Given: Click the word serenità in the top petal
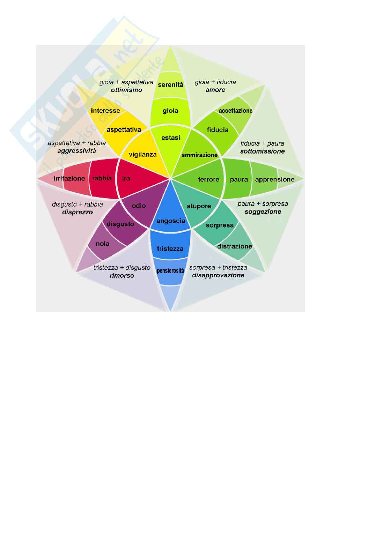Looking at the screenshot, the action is pos(170,85).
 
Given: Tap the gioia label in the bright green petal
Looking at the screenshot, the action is pos(170,111).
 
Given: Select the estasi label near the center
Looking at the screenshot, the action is pos(171,137).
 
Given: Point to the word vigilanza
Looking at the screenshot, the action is pos(143,154).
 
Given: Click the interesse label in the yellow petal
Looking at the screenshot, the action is pos(105,111).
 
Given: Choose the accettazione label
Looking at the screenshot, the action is pos(236,111).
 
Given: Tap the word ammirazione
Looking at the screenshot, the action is pos(199,155).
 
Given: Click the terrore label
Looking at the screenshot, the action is pos(209,179).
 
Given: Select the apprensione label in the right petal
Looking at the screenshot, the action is pos(275,180).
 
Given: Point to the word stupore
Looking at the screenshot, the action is pos(199,206).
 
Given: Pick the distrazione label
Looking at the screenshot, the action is pos(235,246).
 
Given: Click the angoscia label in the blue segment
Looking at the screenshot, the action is pos(171,221).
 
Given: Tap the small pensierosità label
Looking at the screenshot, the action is pos(170,271).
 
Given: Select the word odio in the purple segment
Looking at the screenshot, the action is pos(139,206).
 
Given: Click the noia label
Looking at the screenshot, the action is pos(103,244).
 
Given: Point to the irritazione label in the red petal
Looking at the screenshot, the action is pos(69,178).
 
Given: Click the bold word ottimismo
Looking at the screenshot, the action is pos(126,90).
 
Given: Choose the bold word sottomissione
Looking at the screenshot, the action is pos(263,151).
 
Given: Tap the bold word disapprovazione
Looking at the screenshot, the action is pos(218,275).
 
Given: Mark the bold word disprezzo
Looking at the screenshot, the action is pos(77,212).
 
